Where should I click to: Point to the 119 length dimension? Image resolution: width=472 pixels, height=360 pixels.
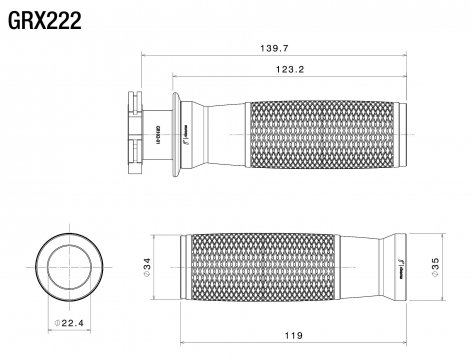291,337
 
